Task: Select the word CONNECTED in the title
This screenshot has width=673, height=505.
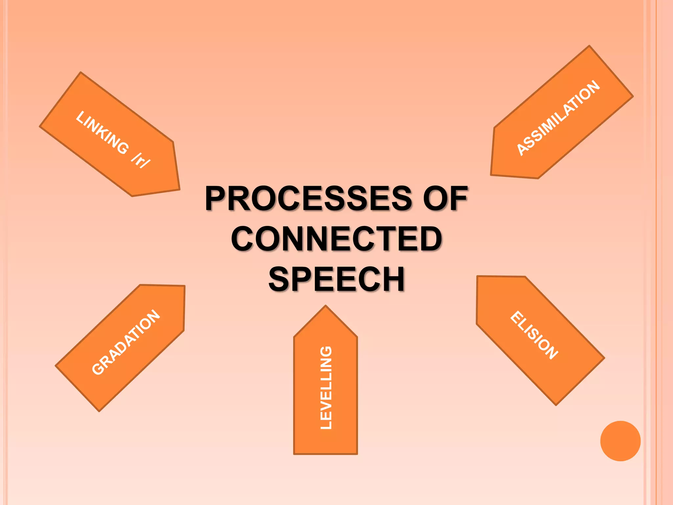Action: (336, 239)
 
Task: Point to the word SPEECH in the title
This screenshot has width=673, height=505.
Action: (336, 279)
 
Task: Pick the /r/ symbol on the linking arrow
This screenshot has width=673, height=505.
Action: (141, 160)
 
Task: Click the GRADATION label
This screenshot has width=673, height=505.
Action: (126, 342)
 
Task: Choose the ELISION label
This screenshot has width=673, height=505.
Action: (534, 335)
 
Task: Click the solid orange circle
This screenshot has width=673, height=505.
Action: (620, 441)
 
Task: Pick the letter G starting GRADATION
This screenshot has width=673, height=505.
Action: (98, 369)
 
